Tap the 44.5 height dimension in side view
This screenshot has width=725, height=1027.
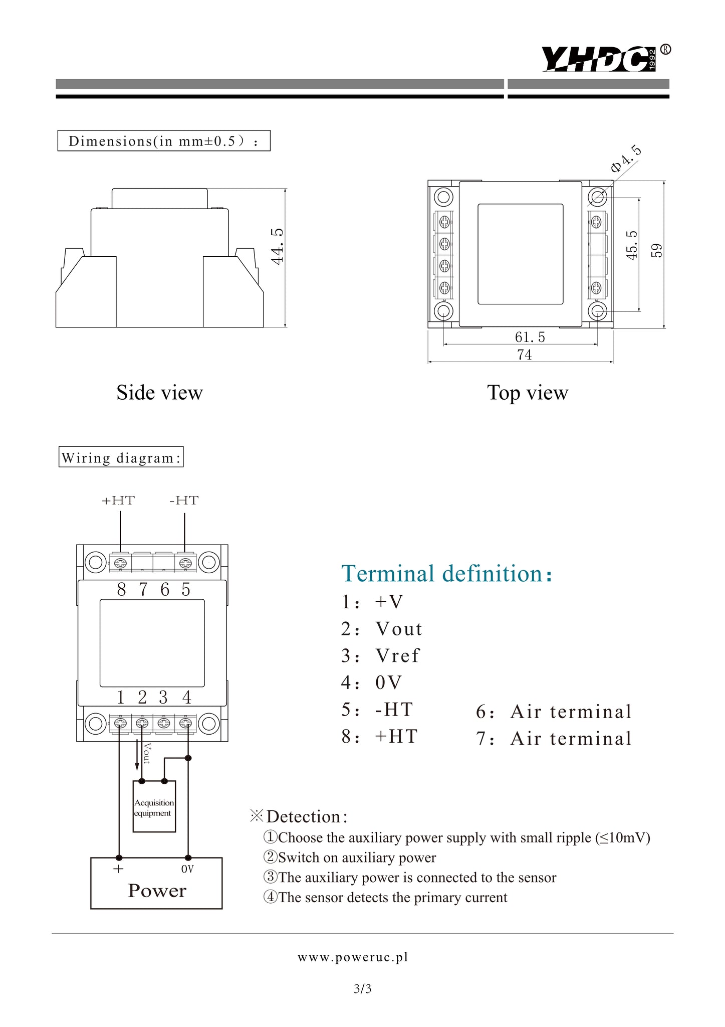pyautogui.click(x=277, y=246)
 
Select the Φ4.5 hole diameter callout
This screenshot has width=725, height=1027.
pyautogui.click(x=626, y=158)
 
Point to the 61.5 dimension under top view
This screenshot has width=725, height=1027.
pyautogui.click(x=530, y=337)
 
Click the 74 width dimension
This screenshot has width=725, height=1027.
pyautogui.click(x=524, y=355)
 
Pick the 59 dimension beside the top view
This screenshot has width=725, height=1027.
pyautogui.click(x=656, y=250)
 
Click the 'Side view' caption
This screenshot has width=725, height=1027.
pyautogui.click(x=160, y=392)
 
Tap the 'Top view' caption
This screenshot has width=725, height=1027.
pyautogui.click(x=528, y=393)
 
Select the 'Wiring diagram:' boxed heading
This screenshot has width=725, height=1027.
pyautogui.click(x=121, y=457)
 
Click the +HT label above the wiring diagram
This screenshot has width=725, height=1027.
pyautogui.click(x=118, y=500)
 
